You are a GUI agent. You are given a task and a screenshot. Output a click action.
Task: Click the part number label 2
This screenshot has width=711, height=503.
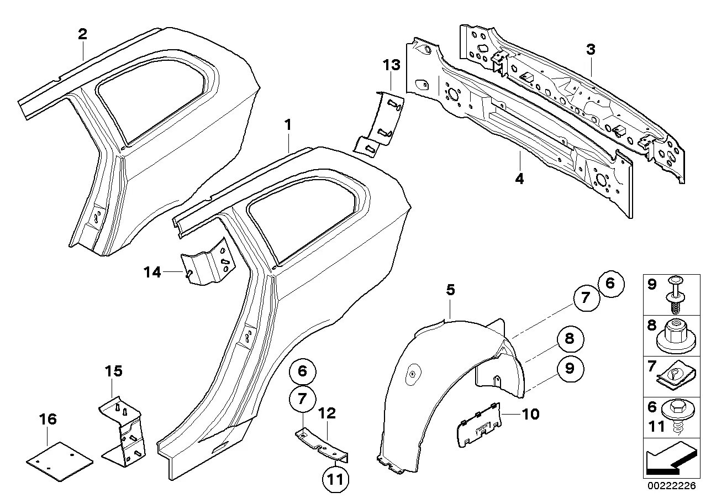click(82, 34)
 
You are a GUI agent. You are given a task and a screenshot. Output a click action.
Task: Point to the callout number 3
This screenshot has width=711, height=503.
click(591, 49)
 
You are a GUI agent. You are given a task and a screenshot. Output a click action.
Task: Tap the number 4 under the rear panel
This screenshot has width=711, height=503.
click(520, 179)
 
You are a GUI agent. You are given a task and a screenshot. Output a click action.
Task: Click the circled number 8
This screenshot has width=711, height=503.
click(570, 339)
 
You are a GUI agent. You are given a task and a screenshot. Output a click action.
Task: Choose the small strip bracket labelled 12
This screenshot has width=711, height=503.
click(323, 444)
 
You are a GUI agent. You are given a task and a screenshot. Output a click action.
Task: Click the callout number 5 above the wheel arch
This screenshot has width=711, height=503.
click(450, 289)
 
